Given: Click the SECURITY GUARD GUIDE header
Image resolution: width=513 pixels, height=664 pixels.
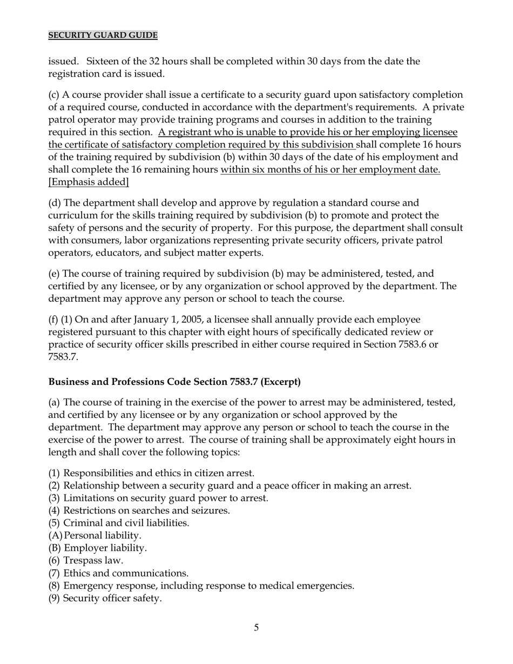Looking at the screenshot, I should [x=103, y=36].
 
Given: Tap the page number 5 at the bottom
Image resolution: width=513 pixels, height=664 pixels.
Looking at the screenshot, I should [x=256, y=627].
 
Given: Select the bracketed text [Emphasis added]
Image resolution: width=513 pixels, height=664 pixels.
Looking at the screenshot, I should [x=89, y=182].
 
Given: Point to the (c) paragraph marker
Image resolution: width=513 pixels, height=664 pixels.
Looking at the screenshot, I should [x=54, y=95].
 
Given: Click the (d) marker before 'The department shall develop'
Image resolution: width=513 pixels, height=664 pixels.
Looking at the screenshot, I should [x=54, y=203].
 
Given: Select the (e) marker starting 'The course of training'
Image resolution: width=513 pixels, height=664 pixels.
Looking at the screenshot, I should [x=54, y=274].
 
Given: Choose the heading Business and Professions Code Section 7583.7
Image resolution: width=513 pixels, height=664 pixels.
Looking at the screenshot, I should [x=174, y=382].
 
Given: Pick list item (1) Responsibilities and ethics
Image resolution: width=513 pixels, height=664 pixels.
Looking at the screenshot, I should [x=151, y=473].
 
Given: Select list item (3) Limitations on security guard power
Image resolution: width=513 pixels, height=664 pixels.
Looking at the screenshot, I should [x=158, y=498].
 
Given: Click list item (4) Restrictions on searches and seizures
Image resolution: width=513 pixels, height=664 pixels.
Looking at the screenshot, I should [x=139, y=511].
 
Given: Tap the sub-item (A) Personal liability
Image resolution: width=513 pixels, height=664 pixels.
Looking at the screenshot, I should [x=95, y=536].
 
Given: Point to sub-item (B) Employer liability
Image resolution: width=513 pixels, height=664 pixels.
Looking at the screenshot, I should [x=98, y=548].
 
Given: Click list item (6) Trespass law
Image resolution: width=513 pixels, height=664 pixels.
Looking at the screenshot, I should [x=86, y=561].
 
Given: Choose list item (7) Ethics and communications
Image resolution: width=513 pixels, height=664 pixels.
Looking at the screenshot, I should [x=119, y=573].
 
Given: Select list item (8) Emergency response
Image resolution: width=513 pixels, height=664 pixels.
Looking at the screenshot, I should [x=201, y=586].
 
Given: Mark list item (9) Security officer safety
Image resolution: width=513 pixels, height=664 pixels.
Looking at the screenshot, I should [x=105, y=598].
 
